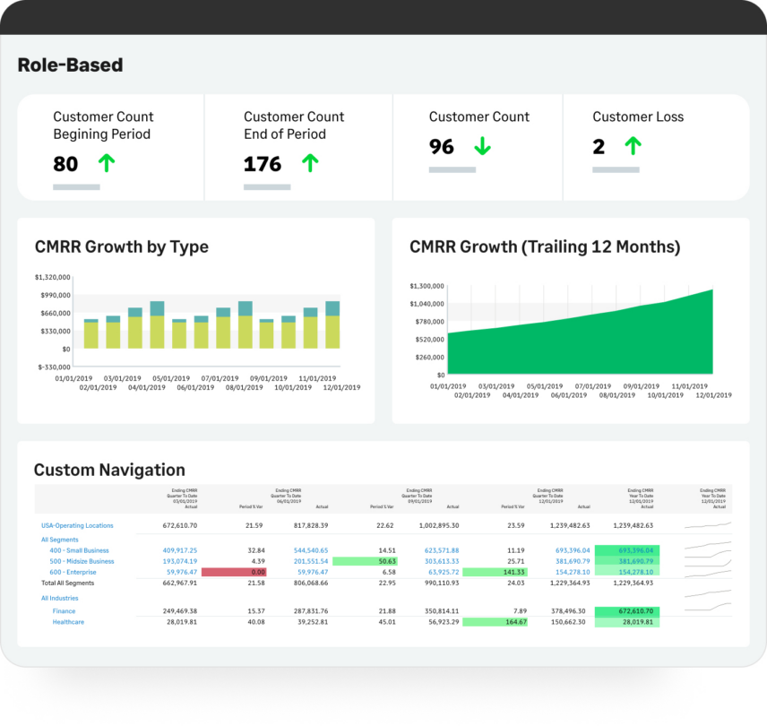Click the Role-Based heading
(x=70, y=65)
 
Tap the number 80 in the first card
(x=65, y=164)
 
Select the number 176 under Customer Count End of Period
(x=263, y=164)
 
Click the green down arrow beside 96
(x=483, y=147)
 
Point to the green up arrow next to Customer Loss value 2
(x=633, y=147)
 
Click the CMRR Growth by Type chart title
(x=121, y=246)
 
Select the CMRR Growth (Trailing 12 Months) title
(x=545, y=246)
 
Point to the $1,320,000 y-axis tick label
(x=53, y=278)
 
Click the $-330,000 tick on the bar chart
(x=53, y=367)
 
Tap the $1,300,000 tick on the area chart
(x=427, y=286)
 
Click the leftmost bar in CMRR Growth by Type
(x=91, y=333)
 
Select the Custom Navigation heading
(x=109, y=470)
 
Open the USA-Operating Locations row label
(x=77, y=526)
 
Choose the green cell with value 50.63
(x=364, y=561)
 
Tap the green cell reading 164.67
(x=494, y=621)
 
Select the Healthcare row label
(x=68, y=621)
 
